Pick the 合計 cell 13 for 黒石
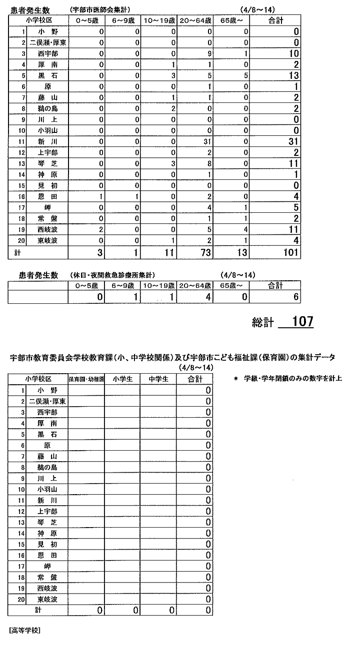(293, 75)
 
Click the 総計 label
(262, 323)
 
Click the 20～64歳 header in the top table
(194, 20)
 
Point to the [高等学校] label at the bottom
(24, 630)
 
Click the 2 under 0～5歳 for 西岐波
(101, 229)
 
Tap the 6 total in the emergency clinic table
(295, 297)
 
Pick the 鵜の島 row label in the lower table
(47, 467)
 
